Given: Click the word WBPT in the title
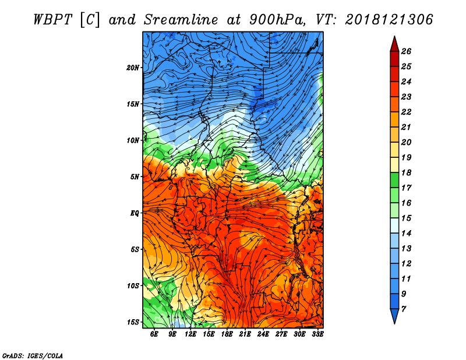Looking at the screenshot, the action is (x=52, y=20).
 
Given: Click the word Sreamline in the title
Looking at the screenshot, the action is (x=181, y=20).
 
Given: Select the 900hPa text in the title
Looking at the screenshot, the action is (x=277, y=20).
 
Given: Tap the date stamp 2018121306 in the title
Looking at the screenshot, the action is (x=389, y=20).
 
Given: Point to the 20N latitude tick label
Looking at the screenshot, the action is (x=133, y=68).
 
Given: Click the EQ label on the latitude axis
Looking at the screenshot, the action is (x=135, y=213).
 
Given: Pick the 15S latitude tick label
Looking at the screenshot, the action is (x=133, y=322).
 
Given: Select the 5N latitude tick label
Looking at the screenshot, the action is (x=135, y=177).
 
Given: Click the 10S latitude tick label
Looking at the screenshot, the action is (x=133, y=286).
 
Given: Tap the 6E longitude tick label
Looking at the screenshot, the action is (x=154, y=334).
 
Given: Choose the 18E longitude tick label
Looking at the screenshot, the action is (x=227, y=334).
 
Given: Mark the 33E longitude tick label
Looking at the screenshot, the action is (x=317, y=334).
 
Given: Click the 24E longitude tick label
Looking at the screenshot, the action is (x=263, y=334).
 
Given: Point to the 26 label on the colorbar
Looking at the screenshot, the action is (x=406, y=51).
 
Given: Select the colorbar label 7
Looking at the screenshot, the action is (x=403, y=309).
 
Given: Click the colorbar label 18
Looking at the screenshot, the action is (x=406, y=172).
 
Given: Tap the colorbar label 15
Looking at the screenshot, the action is (x=406, y=218).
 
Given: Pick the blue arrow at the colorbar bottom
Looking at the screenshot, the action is (x=394, y=316).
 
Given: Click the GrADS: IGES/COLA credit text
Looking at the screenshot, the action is (x=33, y=356).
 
